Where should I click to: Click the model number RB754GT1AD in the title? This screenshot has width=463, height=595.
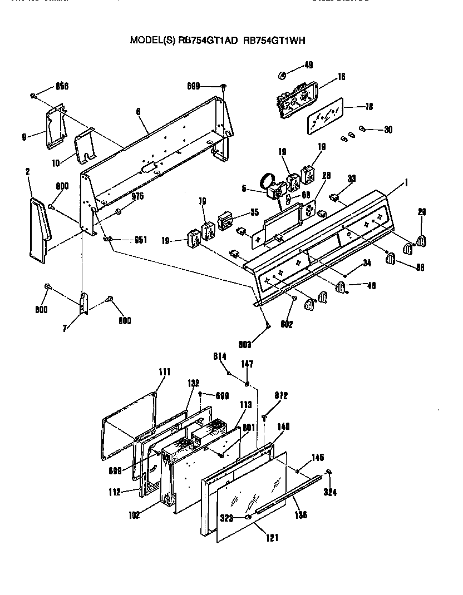tap(208, 40)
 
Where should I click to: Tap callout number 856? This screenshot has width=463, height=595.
tap(62, 86)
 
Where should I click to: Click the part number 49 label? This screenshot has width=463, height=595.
tap(308, 65)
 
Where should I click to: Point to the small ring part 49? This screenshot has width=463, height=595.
tap(282, 75)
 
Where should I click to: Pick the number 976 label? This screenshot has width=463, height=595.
tap(137, 196)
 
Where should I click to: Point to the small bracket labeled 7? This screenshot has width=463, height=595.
tap(84, 304)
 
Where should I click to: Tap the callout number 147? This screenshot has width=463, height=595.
tap(247, 364)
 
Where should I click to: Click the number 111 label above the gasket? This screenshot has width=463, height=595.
tap(165, 371)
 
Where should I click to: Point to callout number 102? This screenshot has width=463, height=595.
tap(134, 514)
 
